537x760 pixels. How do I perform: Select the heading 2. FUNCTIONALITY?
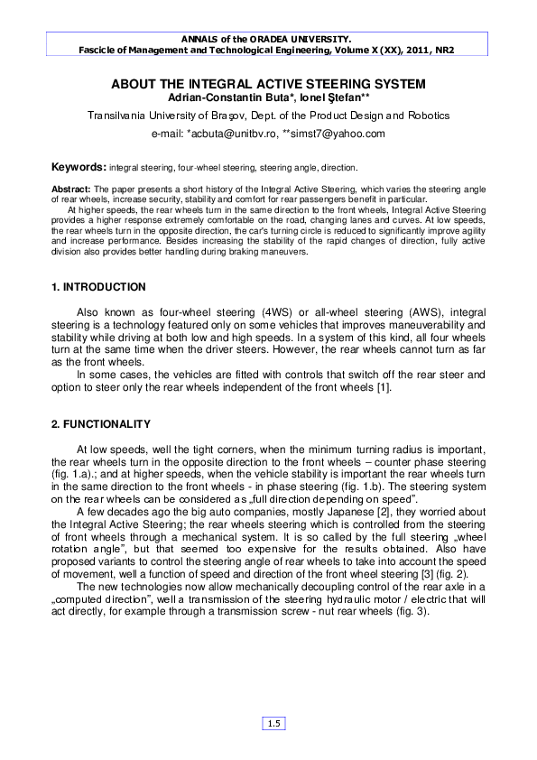[x=101, y=423]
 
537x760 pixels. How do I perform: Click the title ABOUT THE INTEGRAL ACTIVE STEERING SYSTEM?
[x=268, y=84]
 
